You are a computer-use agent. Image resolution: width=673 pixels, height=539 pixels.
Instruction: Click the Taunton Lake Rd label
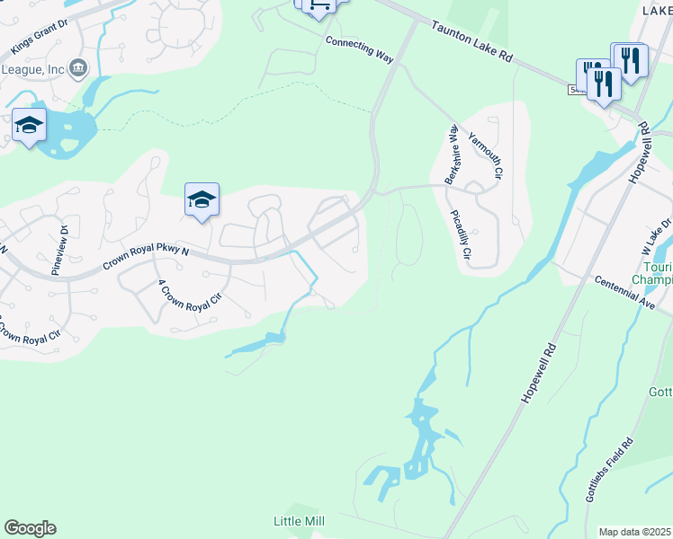(x=471, y=42)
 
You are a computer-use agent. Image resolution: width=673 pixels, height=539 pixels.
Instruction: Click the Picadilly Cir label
(x=460, y=236)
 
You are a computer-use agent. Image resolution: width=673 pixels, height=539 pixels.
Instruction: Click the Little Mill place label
(x=299, y=521)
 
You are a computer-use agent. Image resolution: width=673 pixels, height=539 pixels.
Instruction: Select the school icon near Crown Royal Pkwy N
(x=202, y=200)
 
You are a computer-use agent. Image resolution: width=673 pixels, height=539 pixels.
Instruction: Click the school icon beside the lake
(x=29, y=126)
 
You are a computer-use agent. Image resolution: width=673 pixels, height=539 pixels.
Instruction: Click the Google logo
(x=30, y=528)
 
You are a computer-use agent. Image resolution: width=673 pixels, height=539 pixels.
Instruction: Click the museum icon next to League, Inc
(x=78, y=67)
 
